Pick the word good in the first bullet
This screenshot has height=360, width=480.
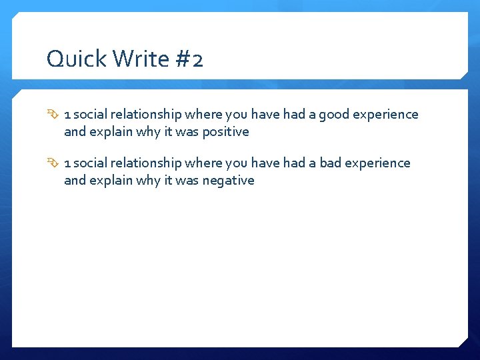(334, 115)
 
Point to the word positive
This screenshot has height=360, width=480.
(225, 132)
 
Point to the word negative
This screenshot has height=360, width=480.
(228, 181)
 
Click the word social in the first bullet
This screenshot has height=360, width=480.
(89, 115)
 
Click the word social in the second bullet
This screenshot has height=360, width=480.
(89, 163)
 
